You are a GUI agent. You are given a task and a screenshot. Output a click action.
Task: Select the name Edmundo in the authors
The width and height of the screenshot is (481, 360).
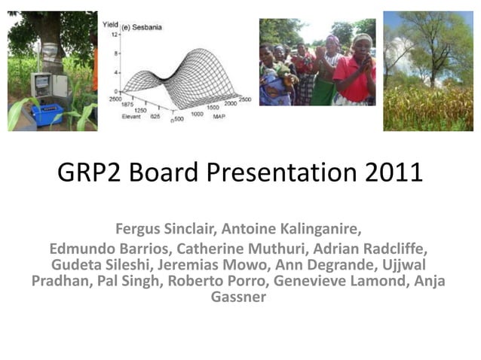[x=81, y=249]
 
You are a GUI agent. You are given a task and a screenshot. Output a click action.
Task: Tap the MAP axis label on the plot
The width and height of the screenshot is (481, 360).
[x=219, y=117]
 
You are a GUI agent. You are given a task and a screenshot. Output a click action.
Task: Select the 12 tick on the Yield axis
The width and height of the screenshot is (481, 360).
[x=114, y=35]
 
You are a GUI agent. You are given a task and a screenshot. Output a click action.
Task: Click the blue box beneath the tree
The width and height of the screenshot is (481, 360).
[x=47, y=113]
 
